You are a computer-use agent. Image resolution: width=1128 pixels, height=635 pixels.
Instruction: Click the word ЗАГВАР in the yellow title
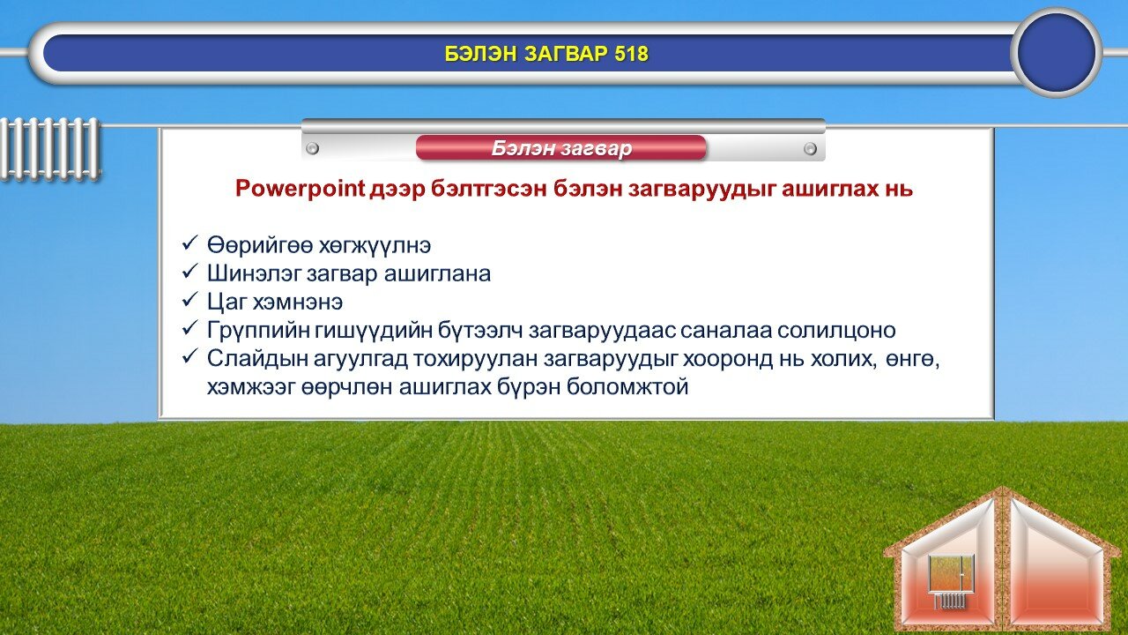[566, 54]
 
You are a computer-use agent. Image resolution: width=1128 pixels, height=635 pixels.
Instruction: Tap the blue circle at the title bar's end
[1057, 52]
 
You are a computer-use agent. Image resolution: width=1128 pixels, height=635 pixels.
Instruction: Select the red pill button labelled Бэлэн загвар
[561, 148]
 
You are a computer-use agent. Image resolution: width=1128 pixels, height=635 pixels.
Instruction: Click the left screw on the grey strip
[312, 149]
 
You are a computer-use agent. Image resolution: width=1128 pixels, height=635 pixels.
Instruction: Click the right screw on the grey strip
[810, 149]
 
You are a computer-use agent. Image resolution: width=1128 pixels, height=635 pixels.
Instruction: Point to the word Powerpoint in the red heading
[301, 189]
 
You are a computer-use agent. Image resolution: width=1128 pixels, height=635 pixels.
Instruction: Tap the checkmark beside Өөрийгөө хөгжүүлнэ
[189, 244]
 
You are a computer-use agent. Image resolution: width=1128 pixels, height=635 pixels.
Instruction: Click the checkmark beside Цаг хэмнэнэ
[189, 301]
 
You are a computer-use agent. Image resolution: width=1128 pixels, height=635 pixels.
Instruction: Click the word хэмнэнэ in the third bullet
[298, 303]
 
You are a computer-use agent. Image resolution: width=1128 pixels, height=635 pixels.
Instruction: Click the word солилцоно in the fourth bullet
[836, 331]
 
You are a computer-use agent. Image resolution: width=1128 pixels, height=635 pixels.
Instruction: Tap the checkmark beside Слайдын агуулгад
[189, 357]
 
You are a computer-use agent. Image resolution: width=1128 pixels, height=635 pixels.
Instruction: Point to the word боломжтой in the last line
[627, 387]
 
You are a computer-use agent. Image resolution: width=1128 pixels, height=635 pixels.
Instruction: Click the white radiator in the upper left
[50, 149]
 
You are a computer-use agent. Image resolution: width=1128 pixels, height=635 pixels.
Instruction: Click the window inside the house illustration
[951, 572]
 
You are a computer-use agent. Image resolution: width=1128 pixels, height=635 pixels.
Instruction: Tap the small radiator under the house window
[950, 601]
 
